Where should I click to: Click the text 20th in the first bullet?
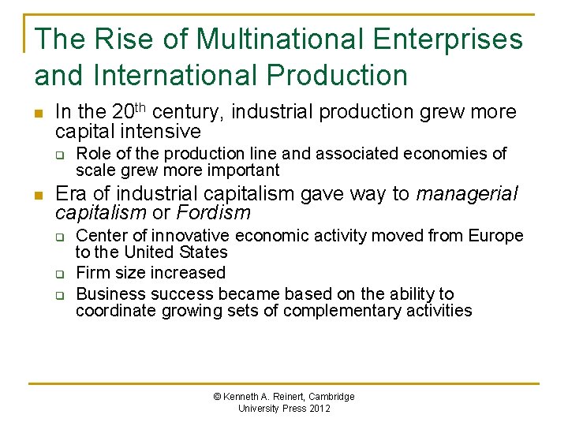(127, 112)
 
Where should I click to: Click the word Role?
(92, 153)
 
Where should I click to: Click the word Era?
(72, 194)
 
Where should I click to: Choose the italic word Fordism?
(214, 213)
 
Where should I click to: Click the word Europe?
(495, 235)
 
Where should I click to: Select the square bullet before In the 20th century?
(38, 114)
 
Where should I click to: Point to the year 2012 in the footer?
(319, 409)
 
